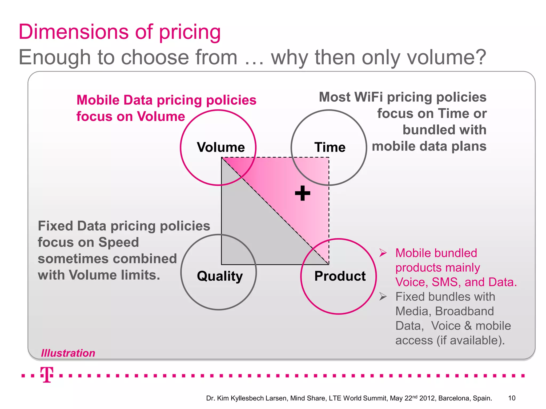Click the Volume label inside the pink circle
coord(221,147)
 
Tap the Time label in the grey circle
coord(330,147)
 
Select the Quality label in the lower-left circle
coord(220,276)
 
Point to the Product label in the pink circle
coord(340,276)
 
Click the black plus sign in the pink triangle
coord(303,193)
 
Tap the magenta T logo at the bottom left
coord(47,375)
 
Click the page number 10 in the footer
coord(512,398)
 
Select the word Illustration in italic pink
coord(68,353)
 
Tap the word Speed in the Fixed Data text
coord(118,242)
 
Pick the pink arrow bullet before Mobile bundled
coord(383,253)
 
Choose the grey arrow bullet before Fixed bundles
coord(383,296)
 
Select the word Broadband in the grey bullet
coord(464,311)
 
